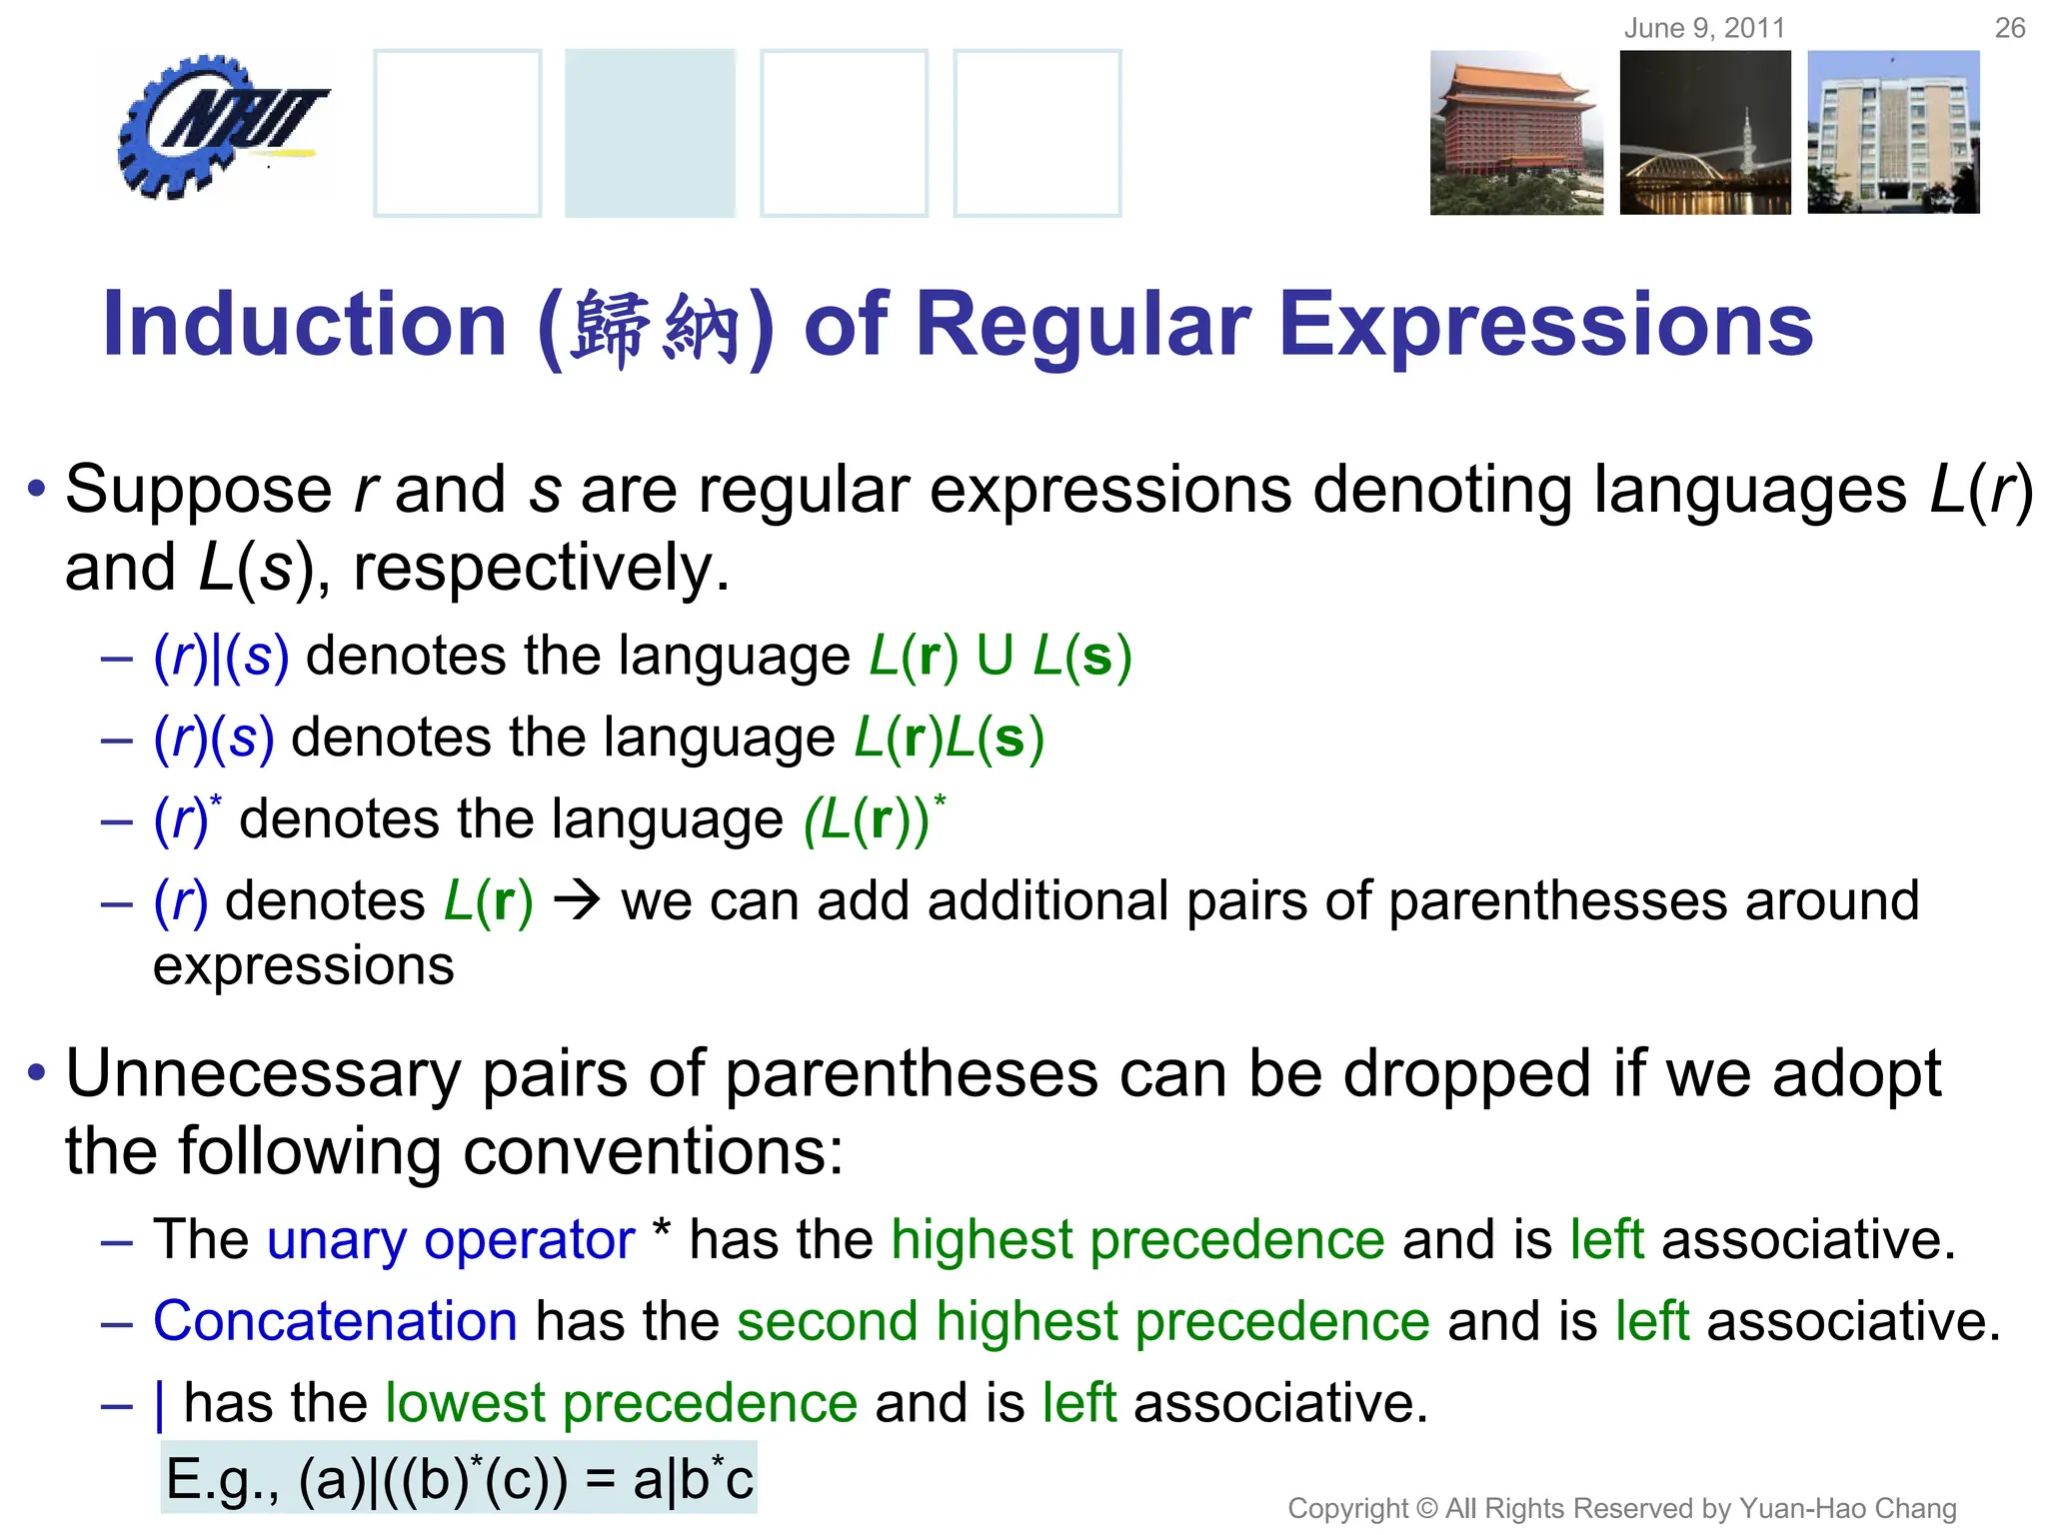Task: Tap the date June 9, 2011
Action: pyautogui.click(x=1704, y=28)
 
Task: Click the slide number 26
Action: pyautogui.click(x=2009, y=28)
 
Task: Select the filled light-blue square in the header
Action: pyautogui.click(x=650, y=133)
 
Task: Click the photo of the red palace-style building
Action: pyautogui.click(x=1515, y=133)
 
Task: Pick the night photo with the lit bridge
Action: pyautogui.click(x=1705, y=133)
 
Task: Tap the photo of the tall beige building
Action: pyautogui.click(x=1893, y=133)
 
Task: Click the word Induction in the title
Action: pyautogui.click(x=305, y=325)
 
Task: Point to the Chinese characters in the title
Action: pyautogui.click(x=655, y=328)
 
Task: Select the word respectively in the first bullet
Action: pyautogui.click(x=540, y=568)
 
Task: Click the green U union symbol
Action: pyautogui.click(x=995, y=657)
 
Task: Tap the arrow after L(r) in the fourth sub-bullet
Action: pyautogui.click(x=577, y=900)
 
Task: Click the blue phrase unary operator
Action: pyautogui.click(x=450, y=1240)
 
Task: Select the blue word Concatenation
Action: pyautogui.click(x=335, y=1321)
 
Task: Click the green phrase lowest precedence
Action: pyautogui.click(x=621, y=1403)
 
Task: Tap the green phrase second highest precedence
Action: pyautogui.click(x=1083, y=1321)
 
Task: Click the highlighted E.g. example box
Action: pyautogui.click(x=459, y=1478)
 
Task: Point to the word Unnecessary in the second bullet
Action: pyautogui.click(x=263, y=1074)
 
